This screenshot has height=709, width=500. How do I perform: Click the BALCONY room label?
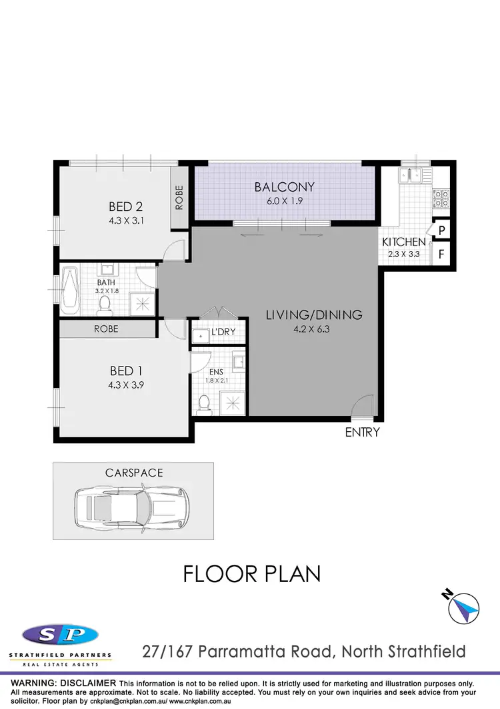tap(284, 187)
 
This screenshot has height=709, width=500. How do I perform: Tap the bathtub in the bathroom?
tap(70, 290)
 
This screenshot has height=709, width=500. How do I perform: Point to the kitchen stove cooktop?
tap(441, 198)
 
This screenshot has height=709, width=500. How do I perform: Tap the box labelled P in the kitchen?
tap(442, 230)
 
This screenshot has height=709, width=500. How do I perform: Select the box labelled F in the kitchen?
tap(442, 254)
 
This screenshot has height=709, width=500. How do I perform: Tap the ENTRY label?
tap(362, 433)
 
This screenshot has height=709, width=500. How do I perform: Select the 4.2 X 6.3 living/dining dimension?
tap(314, 328)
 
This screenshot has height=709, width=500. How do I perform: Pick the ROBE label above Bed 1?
tap(106, 329)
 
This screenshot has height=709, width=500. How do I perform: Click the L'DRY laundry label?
tap(223, 332)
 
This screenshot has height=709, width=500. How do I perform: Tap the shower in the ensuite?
tap(233, 403)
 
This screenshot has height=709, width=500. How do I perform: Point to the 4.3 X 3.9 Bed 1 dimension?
tap(126, 385)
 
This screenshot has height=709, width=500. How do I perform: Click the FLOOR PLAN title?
tap(252, 573)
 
